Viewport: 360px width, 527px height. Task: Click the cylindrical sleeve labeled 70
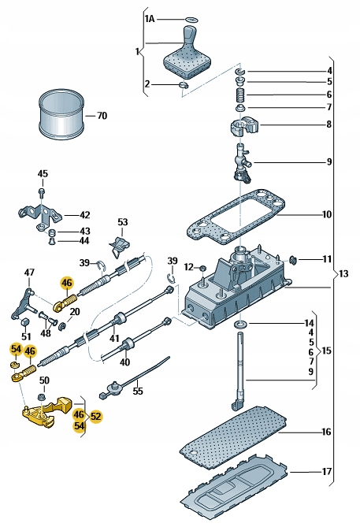tap(61, 115)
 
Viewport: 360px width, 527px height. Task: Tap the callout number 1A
tap(149, 19)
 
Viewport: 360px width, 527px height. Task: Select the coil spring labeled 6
tap(240, 95)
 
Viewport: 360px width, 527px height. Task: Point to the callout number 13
tap(343, 273)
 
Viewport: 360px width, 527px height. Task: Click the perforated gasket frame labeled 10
tap(236, 219)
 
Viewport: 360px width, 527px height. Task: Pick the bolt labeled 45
tap(42, 192)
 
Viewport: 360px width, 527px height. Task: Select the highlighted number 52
tap(96, 417)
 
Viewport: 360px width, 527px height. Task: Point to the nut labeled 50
tap(42, 397)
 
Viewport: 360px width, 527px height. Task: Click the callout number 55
tap(138, 391)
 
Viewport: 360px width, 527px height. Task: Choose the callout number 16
tap(326, 432)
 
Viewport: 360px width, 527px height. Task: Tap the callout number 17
tap(326, 471)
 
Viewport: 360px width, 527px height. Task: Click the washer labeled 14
tap(240, 325)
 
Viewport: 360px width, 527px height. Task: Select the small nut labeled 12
tap(202, 269)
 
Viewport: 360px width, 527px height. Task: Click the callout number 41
tap(114, 339)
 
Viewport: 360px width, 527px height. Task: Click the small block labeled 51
tap(25, 321)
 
